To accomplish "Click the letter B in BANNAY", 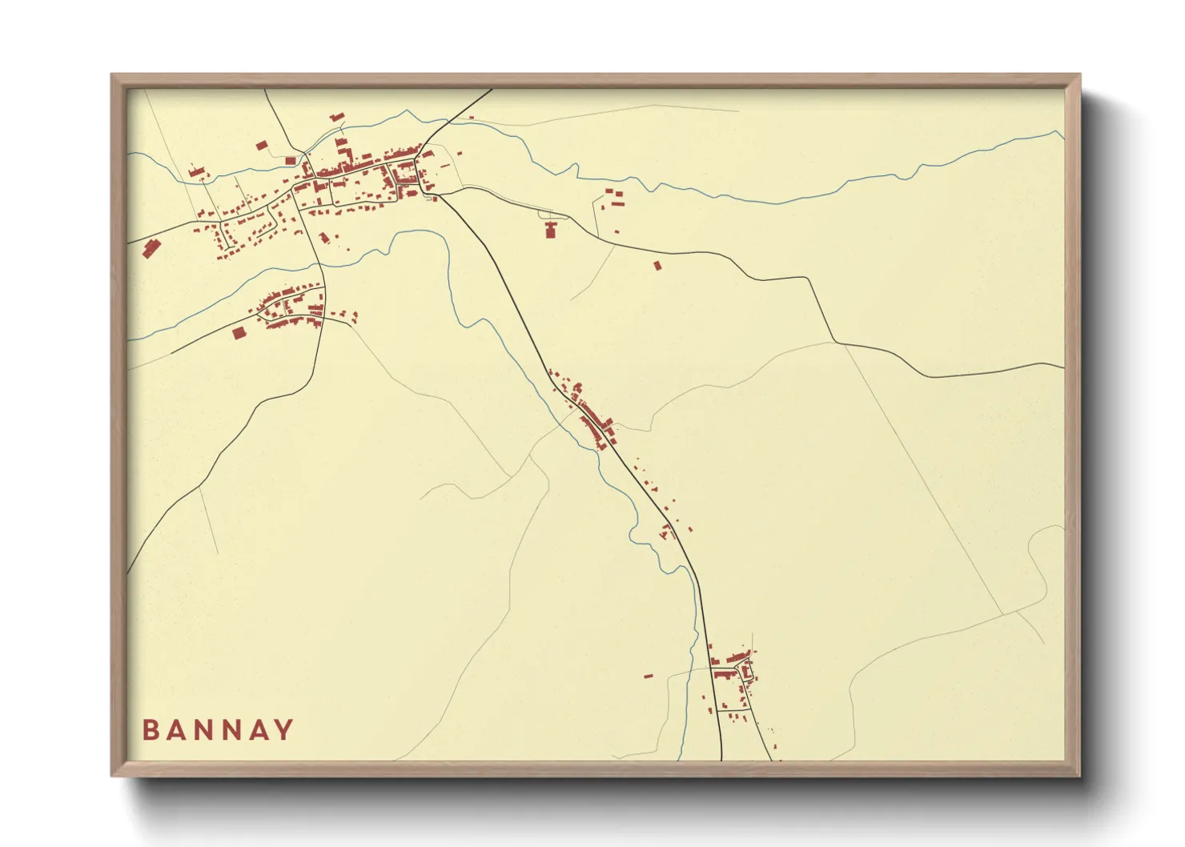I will click(150, 730).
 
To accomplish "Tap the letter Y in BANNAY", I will click(283, 730).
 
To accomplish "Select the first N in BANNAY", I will click(202, 730).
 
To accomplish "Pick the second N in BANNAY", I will click(229, 730).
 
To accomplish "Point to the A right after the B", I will click(175, 730).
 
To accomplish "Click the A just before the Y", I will click(255, 730).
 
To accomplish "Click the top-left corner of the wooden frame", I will click(112, 75).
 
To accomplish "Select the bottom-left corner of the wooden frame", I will click(112, 775).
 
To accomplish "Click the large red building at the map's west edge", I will click(150, 249).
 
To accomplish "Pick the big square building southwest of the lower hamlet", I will click(238, 332).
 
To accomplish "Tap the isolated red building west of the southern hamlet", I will click(648, 676).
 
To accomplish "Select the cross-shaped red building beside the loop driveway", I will click(550, 230).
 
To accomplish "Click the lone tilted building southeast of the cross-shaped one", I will click(658, 265).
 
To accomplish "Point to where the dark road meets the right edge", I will click(1064, 366).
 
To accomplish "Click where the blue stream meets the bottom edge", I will click(679, 759).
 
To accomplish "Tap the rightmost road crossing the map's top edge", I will click(491, 90).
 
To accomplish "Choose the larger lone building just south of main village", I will click(324, 238).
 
